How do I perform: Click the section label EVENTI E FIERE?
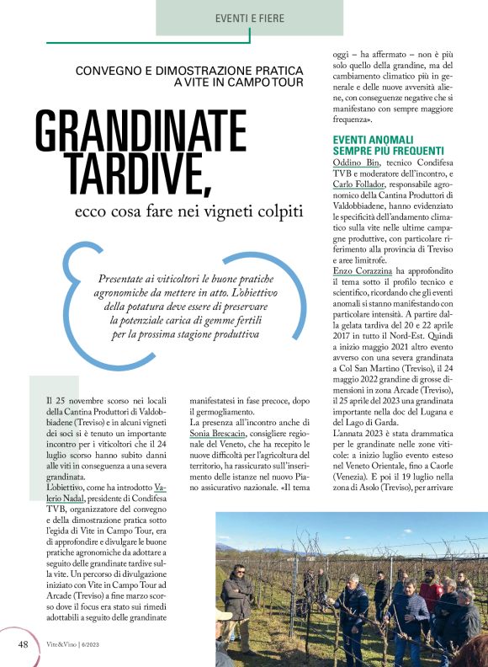[250, 17]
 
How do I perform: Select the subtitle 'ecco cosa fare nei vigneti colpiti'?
[187, 211]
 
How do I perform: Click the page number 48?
[24, 645]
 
